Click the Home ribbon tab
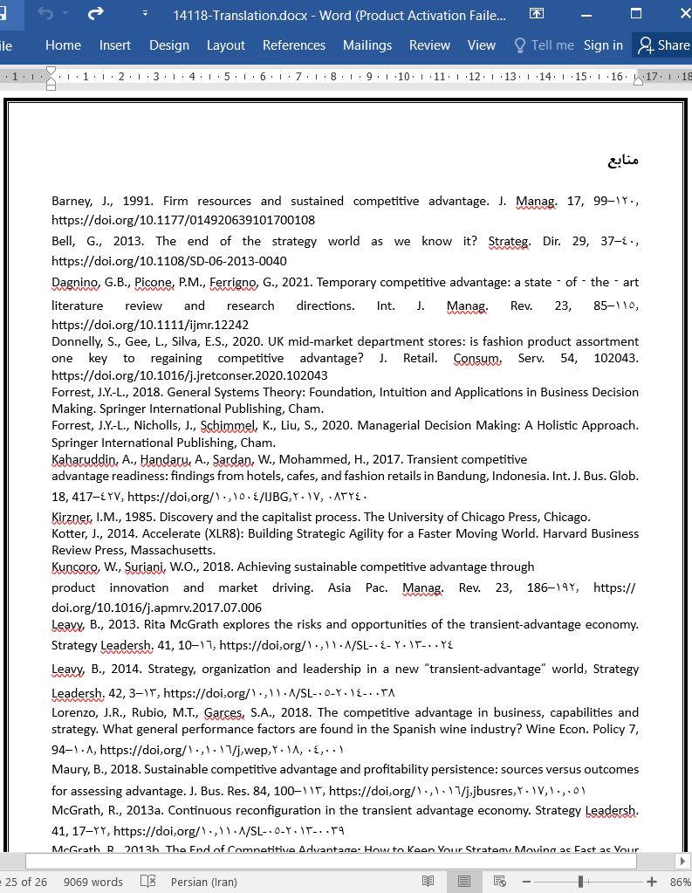point(63,45)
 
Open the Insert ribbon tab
point(114,45)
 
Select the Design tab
point(168,45)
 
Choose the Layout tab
point(225,45)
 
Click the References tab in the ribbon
point(293,45)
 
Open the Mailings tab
point(367,45)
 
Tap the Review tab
point(429,45)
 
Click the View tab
point(481,45)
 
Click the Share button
point(664,45)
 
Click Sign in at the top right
point(603,45)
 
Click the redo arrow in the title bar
point(96,14)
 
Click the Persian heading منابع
point(623,160)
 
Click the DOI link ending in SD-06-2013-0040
point(169,261)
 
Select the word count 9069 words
point(92,882)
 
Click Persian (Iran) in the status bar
point(203,882)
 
